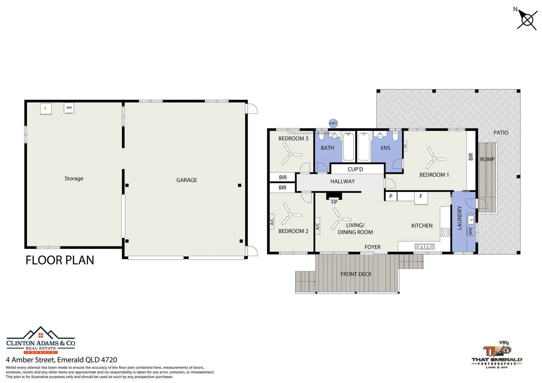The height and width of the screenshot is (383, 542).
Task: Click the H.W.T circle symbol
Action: (333, 123)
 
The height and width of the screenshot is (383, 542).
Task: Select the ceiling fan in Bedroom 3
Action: (290, 155)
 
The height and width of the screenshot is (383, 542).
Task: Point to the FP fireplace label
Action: (334, 202)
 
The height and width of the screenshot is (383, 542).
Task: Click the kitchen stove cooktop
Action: (445, 233)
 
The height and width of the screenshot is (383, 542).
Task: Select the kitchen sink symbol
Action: (424, 246)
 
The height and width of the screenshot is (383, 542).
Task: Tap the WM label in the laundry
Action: (470, 231)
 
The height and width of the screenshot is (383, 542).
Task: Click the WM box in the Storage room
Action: (69, 108)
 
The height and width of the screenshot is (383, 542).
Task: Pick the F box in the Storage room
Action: (45, 109)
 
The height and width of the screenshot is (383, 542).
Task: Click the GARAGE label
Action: (187, 180)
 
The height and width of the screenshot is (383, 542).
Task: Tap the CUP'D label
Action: (355, 170)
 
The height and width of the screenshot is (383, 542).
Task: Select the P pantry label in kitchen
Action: (391, 196)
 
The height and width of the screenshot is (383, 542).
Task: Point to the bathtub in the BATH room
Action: (348, 146)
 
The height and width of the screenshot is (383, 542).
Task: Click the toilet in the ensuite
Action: (396, 136)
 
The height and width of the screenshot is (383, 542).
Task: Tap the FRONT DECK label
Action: (356, 274)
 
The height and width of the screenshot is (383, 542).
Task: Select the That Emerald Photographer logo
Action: (497, 355)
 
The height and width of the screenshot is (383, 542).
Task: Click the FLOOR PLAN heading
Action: (60, 260)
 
